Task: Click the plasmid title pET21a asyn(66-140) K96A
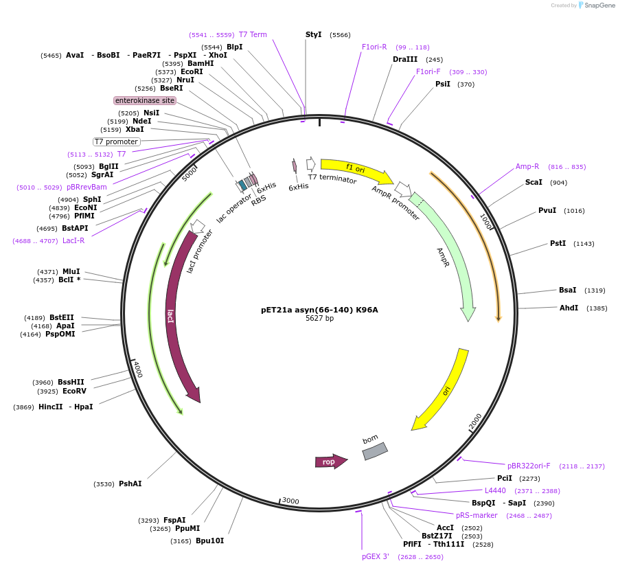(319, 310)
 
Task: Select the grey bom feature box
(375, 451)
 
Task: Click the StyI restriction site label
(314, 34)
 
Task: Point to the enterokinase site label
(145, 100)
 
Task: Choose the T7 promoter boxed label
(117, 141)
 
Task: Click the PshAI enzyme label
(130, 484)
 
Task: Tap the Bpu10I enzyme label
(209, 541)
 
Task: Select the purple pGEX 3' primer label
(376, 556)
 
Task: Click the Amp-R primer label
(527, 166)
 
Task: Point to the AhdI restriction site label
(569, 308)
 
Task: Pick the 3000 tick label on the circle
(290, 501)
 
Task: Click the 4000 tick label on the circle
(138, 368)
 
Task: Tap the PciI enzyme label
(505, 478)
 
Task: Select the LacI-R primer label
(73, 240)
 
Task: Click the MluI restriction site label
(71, 271)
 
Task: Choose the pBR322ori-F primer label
(529, 466)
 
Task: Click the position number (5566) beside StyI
(340, 34)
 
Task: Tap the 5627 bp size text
(319, 319)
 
